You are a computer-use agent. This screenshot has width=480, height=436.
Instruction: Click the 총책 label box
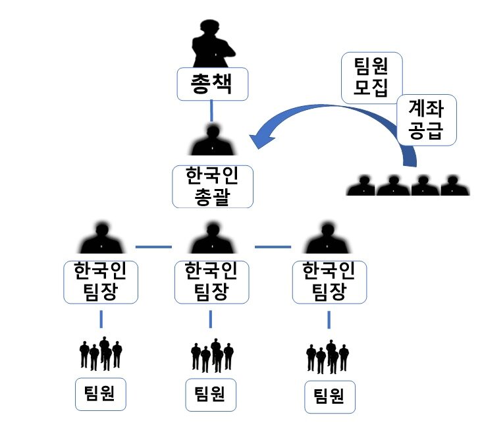[x=211, y=84]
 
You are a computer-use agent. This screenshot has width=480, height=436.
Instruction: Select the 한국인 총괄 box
[x=212, y=186]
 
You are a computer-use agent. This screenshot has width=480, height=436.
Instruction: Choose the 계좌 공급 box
[x=427, y=120]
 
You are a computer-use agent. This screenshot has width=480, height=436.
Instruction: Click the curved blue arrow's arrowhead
[x=260, y=138]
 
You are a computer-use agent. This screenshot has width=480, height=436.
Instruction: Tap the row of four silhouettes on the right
[x=409, y=186]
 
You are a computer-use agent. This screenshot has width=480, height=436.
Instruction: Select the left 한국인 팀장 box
[x=101, y=282]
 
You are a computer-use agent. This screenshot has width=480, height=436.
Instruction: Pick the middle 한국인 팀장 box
[x=211, y=282]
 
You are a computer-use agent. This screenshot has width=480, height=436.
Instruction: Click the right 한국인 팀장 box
[x=327, y=282]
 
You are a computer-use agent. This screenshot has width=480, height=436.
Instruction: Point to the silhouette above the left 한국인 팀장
[x=101, y=239]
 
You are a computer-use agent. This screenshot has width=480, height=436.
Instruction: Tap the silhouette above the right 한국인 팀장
[x=327, y=239]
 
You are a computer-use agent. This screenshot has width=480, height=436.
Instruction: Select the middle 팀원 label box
[x=211, y=393]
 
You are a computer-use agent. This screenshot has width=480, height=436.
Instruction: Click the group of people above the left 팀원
[x=101, y=354]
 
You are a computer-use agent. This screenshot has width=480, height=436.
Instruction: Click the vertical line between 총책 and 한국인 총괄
[x=211, y=111]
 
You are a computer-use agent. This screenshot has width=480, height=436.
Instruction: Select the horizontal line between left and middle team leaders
[x=153, y=247]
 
